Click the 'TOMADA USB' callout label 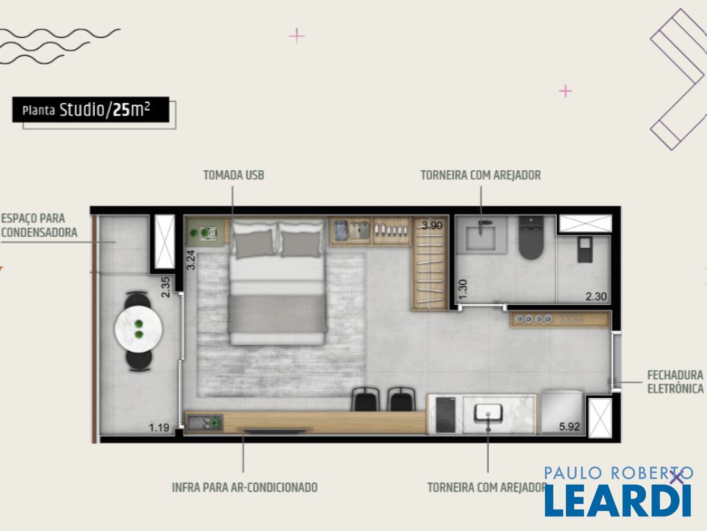233,175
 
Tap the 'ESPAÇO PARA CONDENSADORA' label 39,226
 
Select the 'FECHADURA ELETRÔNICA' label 675,381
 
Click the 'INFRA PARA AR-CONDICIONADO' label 245,487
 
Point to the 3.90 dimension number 432,226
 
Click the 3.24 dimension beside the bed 190,260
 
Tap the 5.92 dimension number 569,426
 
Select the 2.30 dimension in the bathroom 596,296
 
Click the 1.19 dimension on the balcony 159,427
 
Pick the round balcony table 138,330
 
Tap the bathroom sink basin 481,236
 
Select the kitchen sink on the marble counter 488,414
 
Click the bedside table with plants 206,233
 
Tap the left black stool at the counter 365,399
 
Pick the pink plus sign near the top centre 296,35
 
